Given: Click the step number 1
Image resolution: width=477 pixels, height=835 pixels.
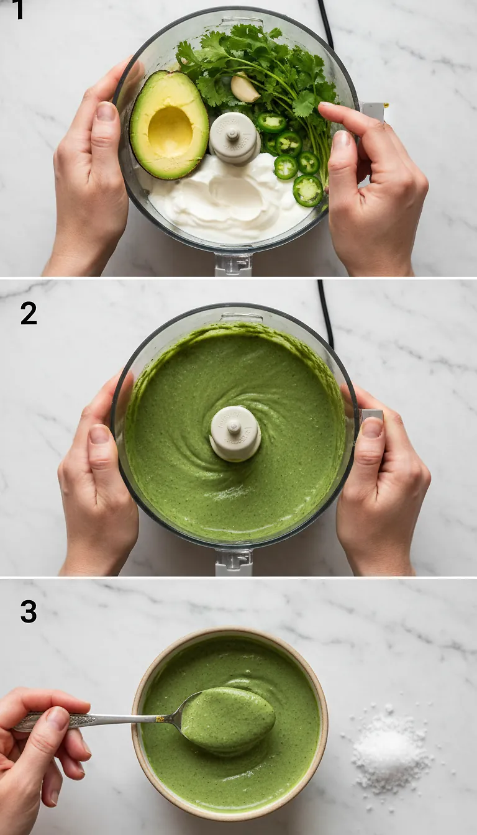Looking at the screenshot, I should click(x=19, y=9).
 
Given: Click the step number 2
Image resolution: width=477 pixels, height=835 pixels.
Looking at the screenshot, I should click(x=29, y=313).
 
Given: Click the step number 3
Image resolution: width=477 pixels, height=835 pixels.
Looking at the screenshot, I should click(x=29, y=612).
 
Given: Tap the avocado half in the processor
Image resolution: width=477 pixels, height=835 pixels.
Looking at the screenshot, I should click(x=169, y=124).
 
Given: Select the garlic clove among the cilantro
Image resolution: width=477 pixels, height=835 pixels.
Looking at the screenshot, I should click(x=245, y=88).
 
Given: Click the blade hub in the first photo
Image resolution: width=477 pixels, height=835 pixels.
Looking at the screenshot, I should click(x=234, y=137).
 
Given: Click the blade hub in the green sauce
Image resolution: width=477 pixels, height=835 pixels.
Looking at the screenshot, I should click(x=235, y=432).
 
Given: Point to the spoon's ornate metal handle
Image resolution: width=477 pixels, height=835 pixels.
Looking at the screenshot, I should click(x=93, y=720).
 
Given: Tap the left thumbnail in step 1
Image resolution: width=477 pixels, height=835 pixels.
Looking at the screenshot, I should click(x=106, y=112).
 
